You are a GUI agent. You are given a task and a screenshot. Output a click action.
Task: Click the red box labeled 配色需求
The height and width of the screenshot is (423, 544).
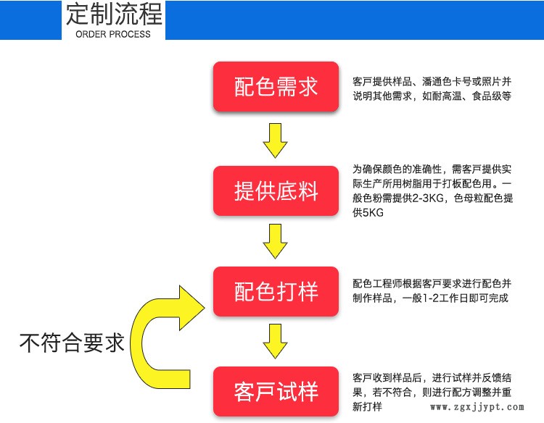(x=276, y=87)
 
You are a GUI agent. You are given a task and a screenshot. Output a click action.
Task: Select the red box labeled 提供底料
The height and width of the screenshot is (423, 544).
(x=276, y=191)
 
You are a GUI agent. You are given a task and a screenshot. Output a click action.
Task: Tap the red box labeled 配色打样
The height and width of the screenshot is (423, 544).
(x=276, y=291)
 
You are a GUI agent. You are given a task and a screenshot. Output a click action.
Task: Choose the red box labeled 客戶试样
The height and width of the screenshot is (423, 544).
(x=276, y=392)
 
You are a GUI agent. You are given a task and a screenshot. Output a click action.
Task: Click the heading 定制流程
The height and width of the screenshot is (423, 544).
(x=114, y=14)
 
